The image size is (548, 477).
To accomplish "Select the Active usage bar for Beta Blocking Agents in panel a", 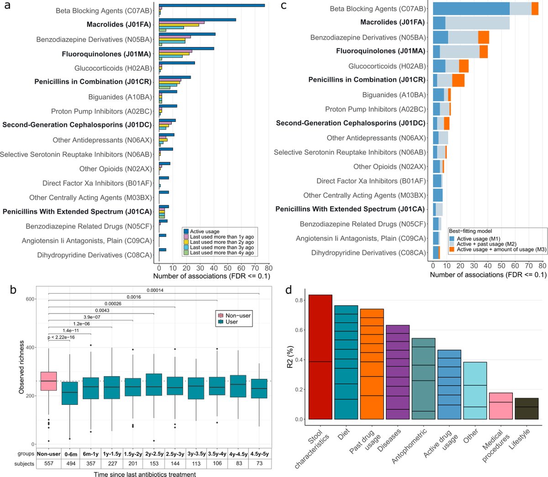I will point(211,5).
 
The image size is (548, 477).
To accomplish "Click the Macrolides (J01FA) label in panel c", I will point(393,22).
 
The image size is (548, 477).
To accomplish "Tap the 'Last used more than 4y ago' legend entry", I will point(221,252).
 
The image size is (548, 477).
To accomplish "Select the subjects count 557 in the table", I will point(48,463).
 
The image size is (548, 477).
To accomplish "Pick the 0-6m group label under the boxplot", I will point(69,454).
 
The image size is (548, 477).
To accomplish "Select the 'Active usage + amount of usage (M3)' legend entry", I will point(501,249).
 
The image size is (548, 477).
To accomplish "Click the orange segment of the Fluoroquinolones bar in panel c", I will point(484,51).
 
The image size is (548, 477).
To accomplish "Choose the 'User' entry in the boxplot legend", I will point(232,322).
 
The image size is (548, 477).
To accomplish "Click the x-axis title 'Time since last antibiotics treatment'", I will point(145,474).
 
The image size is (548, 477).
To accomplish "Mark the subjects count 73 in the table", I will point(259,463).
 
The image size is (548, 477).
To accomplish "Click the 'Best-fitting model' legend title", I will point(471,231).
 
